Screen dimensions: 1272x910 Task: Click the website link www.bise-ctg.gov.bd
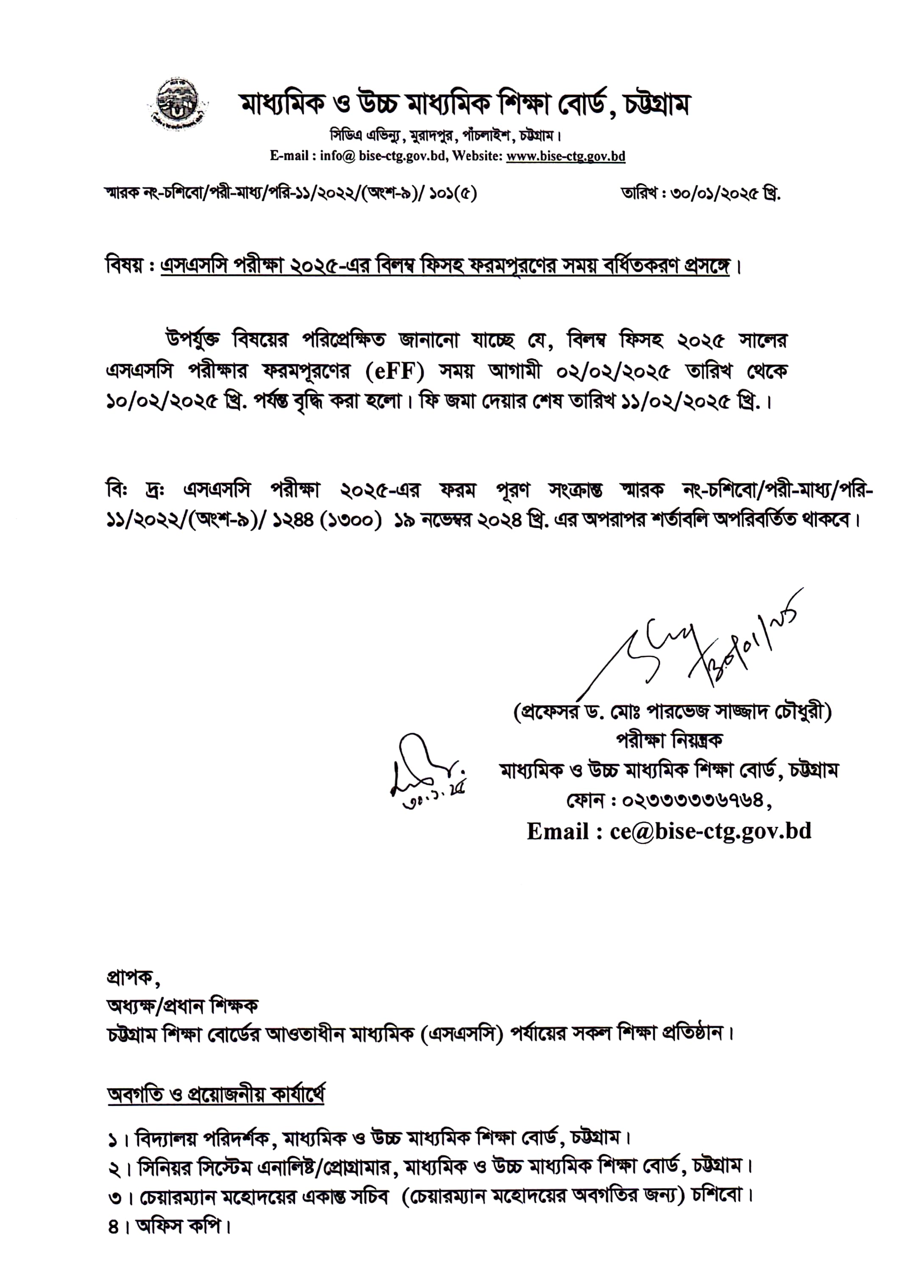tap(565, 157)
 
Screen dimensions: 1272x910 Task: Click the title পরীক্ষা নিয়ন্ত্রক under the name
tap(670, 741)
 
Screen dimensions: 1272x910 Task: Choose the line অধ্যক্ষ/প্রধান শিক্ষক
tap(182, 1006)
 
